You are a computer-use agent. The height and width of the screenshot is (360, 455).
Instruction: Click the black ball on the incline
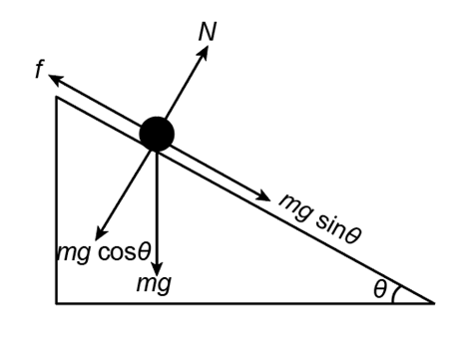click(x=157, y=134)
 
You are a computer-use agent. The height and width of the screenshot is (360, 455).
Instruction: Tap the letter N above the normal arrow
click(x=208, y=32)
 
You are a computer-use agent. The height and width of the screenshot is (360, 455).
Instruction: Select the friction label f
click(x=40, y=70)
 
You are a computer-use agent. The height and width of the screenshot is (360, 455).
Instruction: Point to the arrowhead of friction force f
click(x=55, y=79)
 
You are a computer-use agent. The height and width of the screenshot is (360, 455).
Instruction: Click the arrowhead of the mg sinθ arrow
click(x=263, y=196)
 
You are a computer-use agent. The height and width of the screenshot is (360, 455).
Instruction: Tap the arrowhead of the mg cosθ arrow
click(x=101, y=232)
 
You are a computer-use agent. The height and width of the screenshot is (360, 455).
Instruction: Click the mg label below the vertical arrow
click(x=155, y=284)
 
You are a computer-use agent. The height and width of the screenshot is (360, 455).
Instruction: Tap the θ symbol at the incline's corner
click(x=380, y=289)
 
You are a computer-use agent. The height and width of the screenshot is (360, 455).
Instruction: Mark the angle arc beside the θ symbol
click(x=395, y=294)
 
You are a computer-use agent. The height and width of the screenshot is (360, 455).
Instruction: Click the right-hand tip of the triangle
click(x=434, y=303)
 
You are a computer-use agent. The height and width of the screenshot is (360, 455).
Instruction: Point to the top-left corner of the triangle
click(x=57, y=97)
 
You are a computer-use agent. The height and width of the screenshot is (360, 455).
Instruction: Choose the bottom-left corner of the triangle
click(x=57, y=303)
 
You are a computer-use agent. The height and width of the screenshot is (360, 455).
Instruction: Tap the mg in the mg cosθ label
click(x=74, y=254)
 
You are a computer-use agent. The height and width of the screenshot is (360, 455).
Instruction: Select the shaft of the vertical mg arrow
click(x=157, y=206)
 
